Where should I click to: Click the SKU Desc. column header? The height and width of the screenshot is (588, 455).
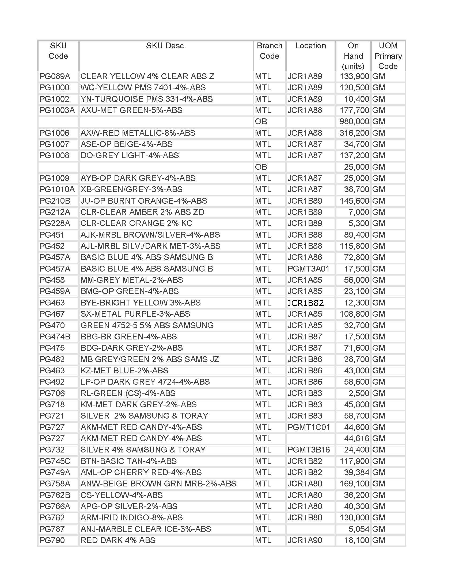point(166,46)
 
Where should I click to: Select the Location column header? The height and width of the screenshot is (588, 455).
point(310,46)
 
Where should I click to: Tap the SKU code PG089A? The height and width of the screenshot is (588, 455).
point(55,76)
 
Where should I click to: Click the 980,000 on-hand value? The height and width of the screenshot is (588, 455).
point(354,122)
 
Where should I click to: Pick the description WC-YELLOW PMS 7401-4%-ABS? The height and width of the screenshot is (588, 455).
point(143,88)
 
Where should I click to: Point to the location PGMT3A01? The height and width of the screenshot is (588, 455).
point(308,269)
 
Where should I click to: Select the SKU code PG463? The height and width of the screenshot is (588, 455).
point(52,303)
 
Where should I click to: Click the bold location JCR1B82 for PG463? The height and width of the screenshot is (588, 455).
point(305,303)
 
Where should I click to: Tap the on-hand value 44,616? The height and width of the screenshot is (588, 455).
point(356,439)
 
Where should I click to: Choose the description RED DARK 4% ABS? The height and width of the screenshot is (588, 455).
point(118,540)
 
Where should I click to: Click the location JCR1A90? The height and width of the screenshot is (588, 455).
point(305,540)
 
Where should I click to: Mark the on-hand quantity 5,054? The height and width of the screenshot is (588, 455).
point(358,529)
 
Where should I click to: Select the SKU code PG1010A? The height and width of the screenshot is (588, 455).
point(57,189)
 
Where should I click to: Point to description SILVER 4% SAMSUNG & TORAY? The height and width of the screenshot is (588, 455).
point(143,450)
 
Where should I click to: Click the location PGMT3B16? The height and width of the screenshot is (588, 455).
point(308,450)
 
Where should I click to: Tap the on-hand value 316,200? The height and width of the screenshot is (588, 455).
point(354,133)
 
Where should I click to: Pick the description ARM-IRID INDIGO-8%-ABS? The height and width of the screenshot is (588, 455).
point(131,518)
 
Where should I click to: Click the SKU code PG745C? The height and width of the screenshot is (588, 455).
point(55,461)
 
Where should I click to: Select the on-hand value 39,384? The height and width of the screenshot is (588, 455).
point(356,473)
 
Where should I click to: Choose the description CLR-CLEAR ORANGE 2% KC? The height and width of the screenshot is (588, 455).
point(136,223)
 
